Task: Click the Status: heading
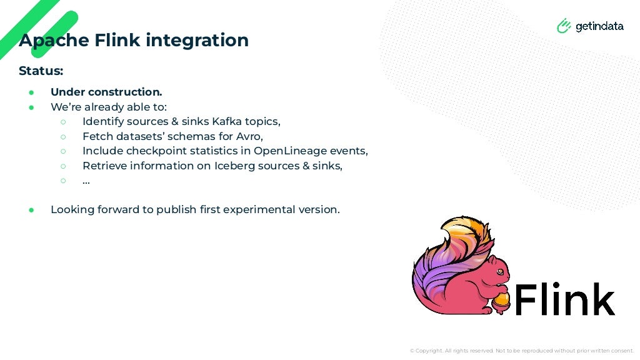pyautogui.click(x=41, y=71)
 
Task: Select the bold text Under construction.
pyautogui.click(x=106, y=92)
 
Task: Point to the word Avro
pyautogui.click(x=248, y=136)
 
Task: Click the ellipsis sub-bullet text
pyautogui.click(x=86, y=181)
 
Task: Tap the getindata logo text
pyautogui.click(x=599, y=26)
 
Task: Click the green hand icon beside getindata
pyautogui.click(x=564, y=26)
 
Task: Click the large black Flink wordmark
pyautogui.click(x=564, y=299)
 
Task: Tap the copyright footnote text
pyautogui.click(x=521, y=351)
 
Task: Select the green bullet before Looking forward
pyautogui.click(x=31, y=210)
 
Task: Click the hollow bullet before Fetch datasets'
pyautogui.click(x=63, y=136)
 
